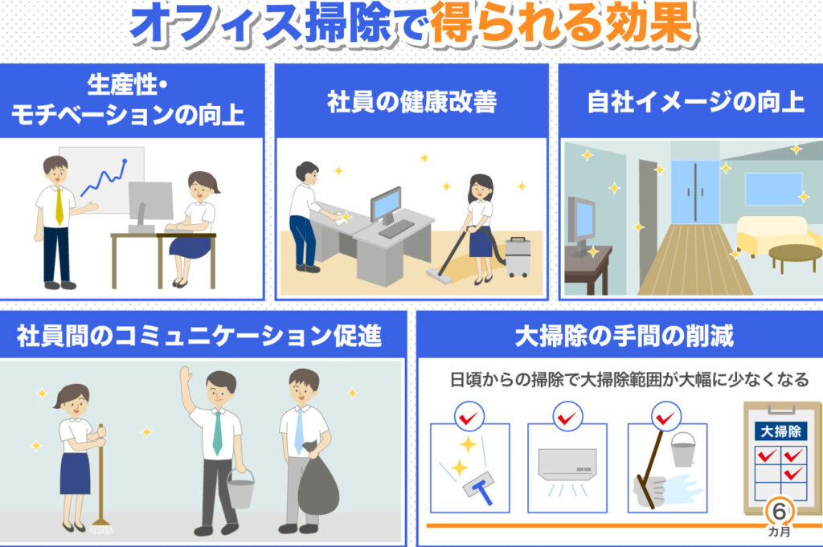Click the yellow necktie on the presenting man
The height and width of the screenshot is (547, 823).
pos(59,206)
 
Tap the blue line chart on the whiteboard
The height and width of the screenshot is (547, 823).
pos(104,178)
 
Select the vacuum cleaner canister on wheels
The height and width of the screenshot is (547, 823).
pos(517,257)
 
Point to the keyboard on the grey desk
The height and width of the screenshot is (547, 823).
pos(396,228)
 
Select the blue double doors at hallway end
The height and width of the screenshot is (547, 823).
pos(695,192)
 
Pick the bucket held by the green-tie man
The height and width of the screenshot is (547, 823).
pos(240,488)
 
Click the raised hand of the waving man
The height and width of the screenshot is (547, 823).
pos(185,377)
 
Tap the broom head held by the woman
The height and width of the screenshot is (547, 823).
pos(100,525)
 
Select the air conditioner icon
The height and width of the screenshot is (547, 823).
pos(567,464)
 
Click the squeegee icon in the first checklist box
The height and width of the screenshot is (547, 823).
pos(479,488)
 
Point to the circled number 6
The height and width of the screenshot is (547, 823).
pos(779,511)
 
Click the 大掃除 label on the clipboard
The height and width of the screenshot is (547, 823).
pos(780,431)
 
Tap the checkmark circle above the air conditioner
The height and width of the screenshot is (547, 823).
pos(567,417)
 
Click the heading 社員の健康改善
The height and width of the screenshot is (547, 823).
pos(412,102)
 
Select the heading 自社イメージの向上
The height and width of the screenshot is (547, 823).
pos(695,102)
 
